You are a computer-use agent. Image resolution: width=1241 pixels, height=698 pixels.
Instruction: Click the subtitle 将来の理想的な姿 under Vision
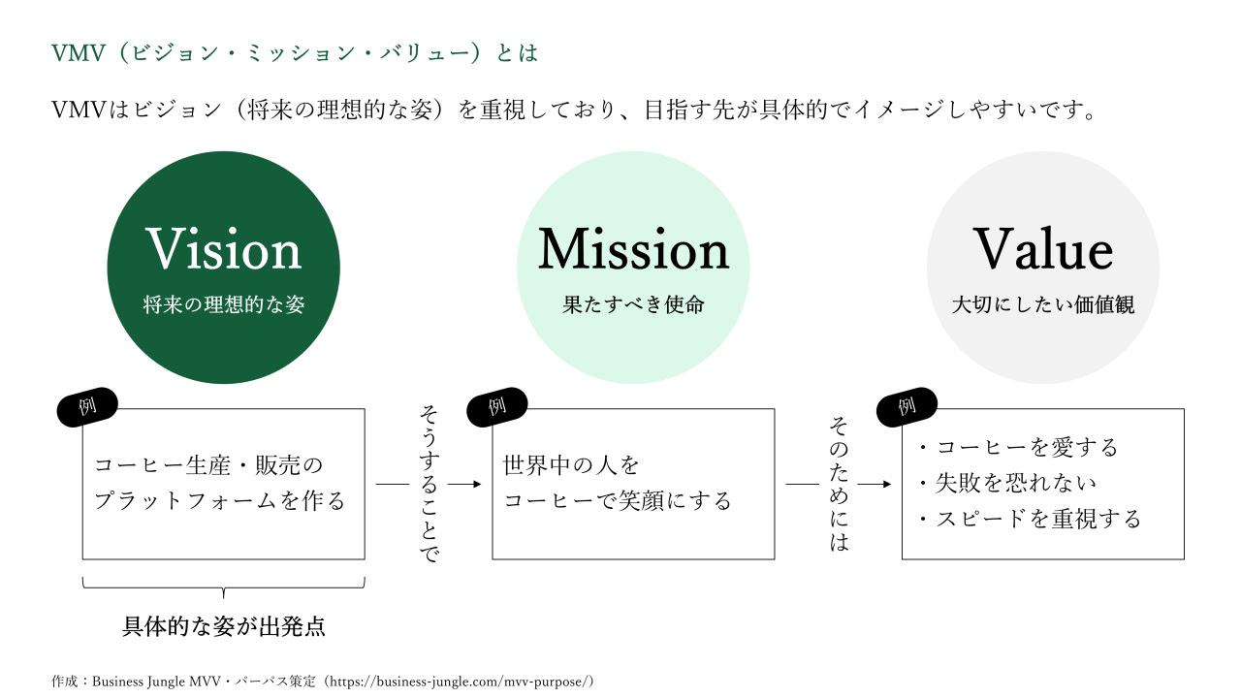(x=224, y=305)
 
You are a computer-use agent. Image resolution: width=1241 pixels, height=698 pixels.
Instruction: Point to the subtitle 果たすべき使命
(x=633, y=305)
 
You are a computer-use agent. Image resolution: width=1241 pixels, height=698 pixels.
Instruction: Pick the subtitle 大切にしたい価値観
(x=1043, y=305)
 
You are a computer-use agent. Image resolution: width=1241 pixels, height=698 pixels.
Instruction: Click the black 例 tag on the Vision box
(x=88, y=407)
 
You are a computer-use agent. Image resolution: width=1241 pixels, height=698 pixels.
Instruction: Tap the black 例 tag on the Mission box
(x=497, y=407)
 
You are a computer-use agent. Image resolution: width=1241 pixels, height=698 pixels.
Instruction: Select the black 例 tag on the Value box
(x=907, y=407)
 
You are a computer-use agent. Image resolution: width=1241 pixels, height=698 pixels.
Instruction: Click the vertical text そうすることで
(x=428, y=484)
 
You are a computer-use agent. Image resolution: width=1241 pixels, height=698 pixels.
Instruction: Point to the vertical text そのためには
(x=839, y=484)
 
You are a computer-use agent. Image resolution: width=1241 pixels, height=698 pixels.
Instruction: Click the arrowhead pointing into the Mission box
(x=477, y=484)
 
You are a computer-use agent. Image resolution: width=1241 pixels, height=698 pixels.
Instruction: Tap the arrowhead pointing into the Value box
(x=886, y=484)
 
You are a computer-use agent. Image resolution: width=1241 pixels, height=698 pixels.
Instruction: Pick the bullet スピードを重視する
(x=1030, y=519)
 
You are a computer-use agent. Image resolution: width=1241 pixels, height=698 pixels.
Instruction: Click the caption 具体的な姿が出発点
(x=224, y=626)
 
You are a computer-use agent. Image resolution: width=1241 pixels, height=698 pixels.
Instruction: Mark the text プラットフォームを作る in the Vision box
(x=220, y=501)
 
